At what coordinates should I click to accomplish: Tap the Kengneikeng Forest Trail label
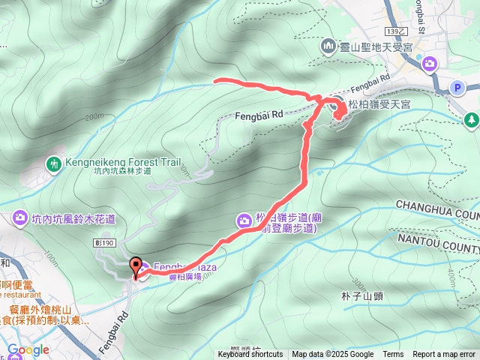point(123,160)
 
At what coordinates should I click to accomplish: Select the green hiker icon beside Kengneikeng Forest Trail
point(53,163)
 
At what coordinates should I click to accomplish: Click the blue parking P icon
point(456,88)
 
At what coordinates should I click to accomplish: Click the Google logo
point(28,349)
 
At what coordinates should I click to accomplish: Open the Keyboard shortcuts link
point(250,355)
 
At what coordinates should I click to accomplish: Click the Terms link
point(393,355)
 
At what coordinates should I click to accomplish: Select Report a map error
point(445,355)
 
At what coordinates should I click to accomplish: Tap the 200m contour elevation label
point(94,117)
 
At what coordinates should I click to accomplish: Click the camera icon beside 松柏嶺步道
point(244,220)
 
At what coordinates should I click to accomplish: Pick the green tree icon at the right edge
point(472,118)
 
